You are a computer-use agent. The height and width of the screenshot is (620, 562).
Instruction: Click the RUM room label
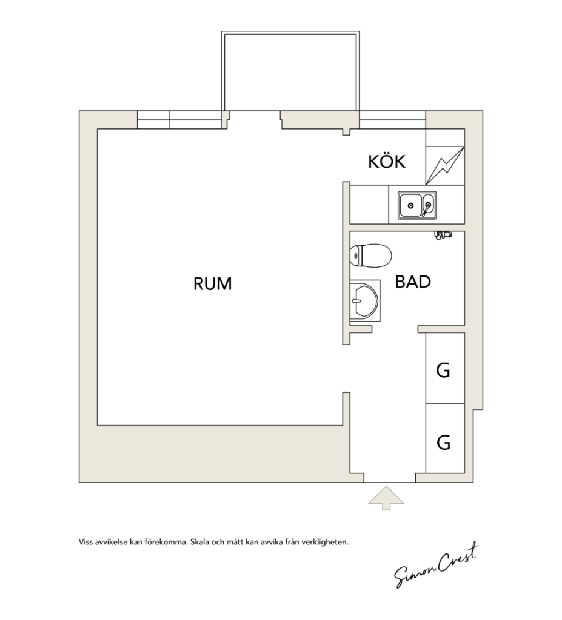212,283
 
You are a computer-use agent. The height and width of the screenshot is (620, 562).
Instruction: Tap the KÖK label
387,161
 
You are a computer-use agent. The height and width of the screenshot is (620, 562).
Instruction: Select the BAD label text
413,282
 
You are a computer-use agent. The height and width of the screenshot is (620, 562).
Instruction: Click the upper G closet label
443,371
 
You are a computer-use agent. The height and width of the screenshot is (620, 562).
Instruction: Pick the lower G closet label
444,443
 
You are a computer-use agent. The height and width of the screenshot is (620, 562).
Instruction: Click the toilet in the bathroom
370,255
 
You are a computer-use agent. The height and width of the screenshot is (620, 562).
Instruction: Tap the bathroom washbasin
365,300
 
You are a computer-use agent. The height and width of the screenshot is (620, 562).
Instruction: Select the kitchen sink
418,205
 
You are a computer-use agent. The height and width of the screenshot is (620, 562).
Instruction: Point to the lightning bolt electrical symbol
445,166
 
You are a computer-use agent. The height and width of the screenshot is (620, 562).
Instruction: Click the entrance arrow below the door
386,498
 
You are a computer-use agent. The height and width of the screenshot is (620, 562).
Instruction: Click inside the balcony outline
291,71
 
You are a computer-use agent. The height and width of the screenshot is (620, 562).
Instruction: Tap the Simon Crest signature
436,566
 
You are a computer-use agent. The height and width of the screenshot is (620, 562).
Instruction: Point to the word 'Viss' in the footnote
85,542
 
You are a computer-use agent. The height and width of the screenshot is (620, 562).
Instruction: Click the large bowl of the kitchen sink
410,205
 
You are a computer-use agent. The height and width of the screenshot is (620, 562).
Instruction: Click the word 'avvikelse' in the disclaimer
111,542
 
